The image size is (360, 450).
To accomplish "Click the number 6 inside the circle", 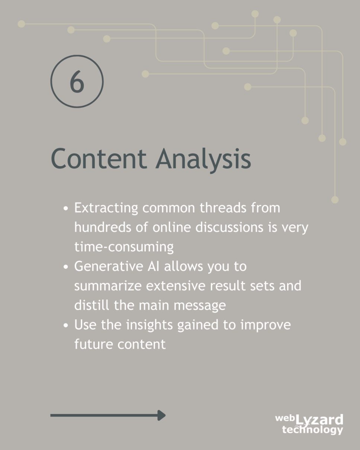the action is coord(77,81).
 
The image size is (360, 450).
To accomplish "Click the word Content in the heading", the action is coord(99,158).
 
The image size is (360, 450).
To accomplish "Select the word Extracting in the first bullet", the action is coord(106,208).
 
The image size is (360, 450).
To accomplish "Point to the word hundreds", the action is coord(103,227).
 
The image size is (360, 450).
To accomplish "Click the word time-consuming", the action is coord(124,247).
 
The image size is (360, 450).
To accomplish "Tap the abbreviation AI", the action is coord(153,266).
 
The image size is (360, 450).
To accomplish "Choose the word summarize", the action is coord(108,286).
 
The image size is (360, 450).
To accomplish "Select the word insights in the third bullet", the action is coord(150,325).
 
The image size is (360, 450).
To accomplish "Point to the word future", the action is coord(94,344).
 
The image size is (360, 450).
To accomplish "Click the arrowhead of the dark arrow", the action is coord(161,415).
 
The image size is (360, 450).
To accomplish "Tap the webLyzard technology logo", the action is coord(309,424).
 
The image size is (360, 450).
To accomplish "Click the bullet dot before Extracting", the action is coord(66,209).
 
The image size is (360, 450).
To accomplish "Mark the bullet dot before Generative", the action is coord(66,267).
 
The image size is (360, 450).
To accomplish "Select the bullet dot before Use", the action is coord(66,325).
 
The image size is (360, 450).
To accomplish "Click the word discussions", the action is coord(229,227).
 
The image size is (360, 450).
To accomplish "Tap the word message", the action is coord(200,306).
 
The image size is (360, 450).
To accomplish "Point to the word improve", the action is coord(266,325).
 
